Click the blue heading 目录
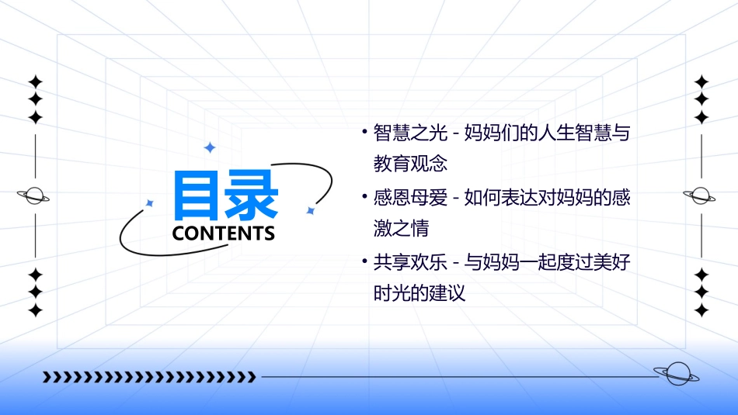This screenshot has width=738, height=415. (x=225, y=197)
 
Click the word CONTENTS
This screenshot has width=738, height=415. (x=224, y=233)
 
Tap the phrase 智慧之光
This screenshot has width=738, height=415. (x=410, y=133)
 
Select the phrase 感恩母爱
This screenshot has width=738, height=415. (x=410, y=198)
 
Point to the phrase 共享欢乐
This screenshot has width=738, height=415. (x=410, y=262)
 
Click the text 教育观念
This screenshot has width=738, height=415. (x=410, y=164)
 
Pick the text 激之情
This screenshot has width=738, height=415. (x=401, y=229)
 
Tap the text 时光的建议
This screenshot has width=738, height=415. (x=419, y=294)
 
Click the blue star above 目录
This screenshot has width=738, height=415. (x=209, y=147)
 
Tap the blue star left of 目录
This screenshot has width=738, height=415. (x=150, y=203)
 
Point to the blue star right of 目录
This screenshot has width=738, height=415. (x=310, y=210)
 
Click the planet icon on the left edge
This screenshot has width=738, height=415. (x=34, y=195)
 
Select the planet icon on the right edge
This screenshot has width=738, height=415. (x=701, y=195)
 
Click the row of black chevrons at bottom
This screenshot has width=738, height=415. (x=149, y=377)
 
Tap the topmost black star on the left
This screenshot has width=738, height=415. (x=34, y=81)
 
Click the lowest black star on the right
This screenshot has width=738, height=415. (x=701, y=310)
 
